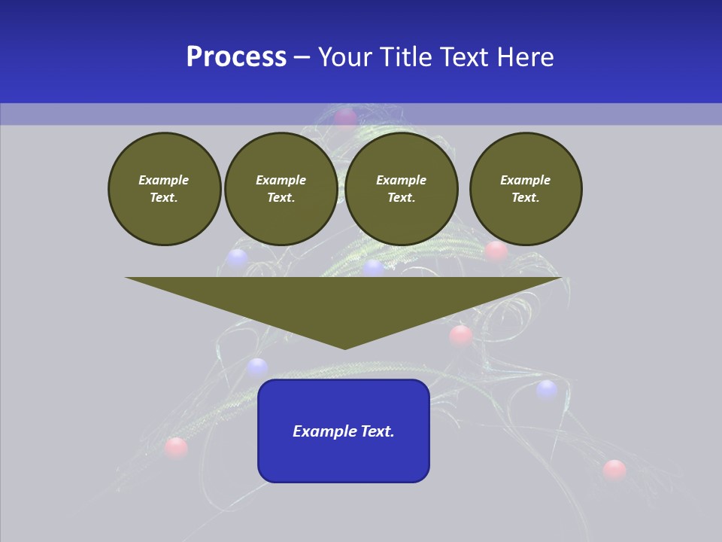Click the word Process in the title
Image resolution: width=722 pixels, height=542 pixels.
click(x=236, y=57)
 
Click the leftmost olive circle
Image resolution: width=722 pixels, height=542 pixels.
click(x=164, y=189)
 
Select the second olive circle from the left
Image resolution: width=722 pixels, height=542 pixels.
click(x=281, y=189)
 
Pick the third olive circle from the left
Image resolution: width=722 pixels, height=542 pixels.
click(x=401, y=189)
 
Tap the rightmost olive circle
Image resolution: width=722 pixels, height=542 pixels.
click(x=525, y=189)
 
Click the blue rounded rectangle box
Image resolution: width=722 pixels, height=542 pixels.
click(x=344, y=431)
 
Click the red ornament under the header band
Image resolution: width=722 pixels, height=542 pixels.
click(x=345, y=117)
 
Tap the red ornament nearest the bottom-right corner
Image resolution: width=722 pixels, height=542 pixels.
click(x=614, y=470)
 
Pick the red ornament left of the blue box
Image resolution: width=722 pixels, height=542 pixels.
click(x=176, y=448)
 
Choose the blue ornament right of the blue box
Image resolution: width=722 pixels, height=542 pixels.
click(x=547, y=389)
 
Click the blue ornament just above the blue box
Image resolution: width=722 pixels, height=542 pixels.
click(x=257, y=367)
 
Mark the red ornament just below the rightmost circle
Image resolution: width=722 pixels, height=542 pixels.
click(x=496, y=251)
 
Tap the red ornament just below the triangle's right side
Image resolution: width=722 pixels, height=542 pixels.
click(x=460, y=335)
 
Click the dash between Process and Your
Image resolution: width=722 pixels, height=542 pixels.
click(x=302, y=58)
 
